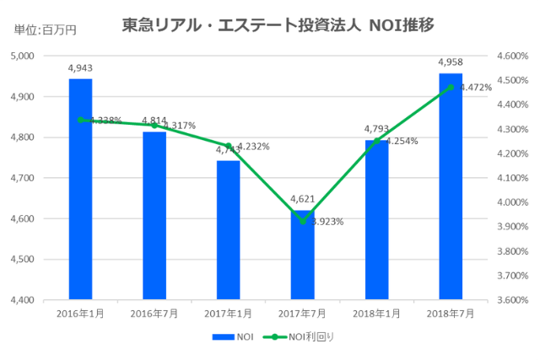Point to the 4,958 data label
tap(451, 62)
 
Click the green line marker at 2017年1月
tap(229, 146)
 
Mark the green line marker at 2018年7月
tap(451, 87)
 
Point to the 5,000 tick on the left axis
tap(42, 56)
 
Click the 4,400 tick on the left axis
tap(42, 300)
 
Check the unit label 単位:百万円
tap(44, 30)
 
